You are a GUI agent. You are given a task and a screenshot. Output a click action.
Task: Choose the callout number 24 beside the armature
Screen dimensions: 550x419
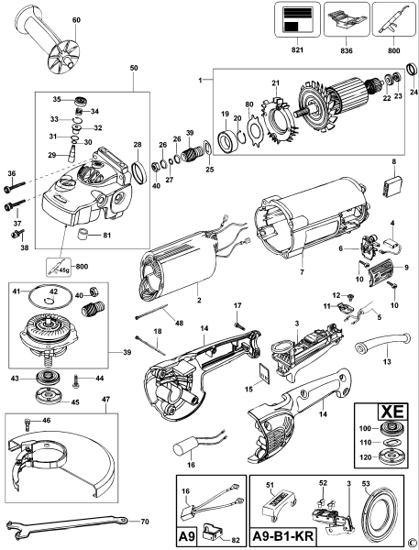point(413,93)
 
